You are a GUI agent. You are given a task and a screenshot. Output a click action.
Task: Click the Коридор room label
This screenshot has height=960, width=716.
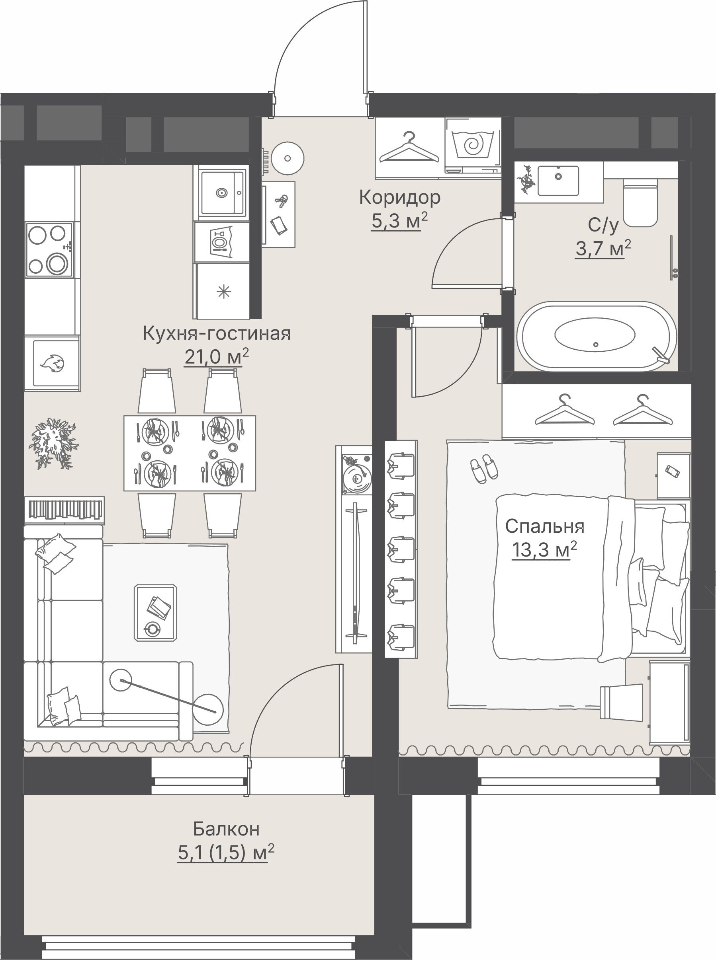(x=399, y=198)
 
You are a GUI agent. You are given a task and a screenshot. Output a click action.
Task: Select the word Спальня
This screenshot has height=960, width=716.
(x=544, y=527)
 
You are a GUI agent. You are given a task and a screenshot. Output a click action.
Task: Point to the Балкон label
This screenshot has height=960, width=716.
(x=226, y=828)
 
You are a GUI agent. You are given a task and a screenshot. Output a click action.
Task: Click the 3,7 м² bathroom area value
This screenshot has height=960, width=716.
(x=603, y=249)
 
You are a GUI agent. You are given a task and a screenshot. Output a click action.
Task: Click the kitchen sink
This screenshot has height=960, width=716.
(x=222, y=192)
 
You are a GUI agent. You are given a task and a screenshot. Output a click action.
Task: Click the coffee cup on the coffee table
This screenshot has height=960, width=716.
(x=153, y=628)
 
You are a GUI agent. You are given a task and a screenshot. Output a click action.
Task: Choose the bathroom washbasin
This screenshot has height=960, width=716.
(x=558, y=180)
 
